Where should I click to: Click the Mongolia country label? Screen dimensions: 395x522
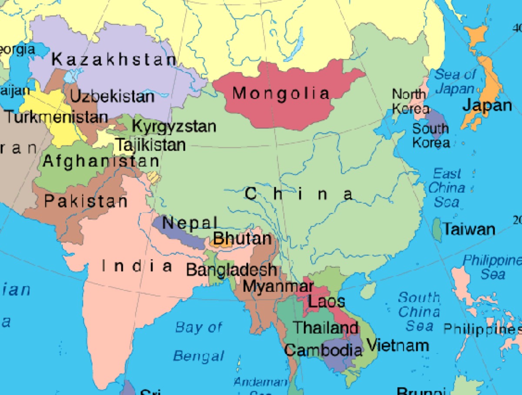coord(281,93)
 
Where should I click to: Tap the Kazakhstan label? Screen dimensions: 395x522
coord(114,60)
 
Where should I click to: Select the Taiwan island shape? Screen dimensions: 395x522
coord(437,230)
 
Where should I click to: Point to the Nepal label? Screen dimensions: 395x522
coord(189,223)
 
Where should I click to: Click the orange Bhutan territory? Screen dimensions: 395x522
coord(222,241)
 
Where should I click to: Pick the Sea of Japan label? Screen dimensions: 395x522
coord(455,81)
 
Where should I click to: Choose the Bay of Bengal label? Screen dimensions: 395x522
coord(199,341)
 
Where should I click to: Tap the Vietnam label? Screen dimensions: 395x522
coord(398,345)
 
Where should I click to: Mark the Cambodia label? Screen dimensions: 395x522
coord(323,350)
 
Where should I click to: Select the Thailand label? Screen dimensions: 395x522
coord(325,328)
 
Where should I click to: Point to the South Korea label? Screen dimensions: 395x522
coord(430,135)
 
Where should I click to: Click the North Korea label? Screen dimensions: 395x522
coord(410,101)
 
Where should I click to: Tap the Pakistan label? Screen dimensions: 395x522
coord(86,201)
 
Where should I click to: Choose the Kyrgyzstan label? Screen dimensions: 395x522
coord(174,127)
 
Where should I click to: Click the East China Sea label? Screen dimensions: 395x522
coord(447,188)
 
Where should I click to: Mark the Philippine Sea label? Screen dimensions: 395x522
coord(492,267)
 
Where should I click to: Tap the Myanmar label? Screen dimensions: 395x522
coord(278,286)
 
